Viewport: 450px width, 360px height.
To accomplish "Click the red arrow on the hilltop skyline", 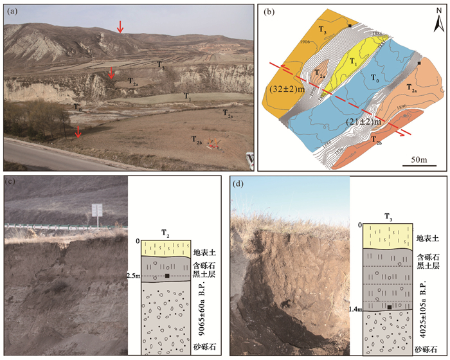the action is (119, 26).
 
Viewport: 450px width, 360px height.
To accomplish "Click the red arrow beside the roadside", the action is (78, 131).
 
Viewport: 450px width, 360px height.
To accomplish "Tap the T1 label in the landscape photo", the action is (187, 96).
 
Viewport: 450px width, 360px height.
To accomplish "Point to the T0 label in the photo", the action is (77, 108).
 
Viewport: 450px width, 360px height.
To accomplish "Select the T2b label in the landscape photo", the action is (197, 139).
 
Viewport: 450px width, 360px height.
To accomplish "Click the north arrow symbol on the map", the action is (437, 23).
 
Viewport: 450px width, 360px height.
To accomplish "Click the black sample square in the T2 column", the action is (167, 276).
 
